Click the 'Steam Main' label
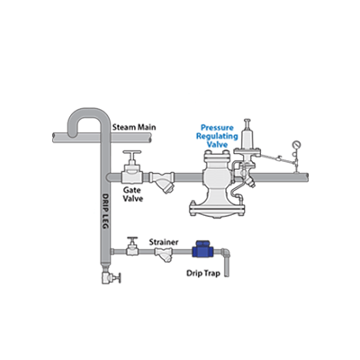[134, 127]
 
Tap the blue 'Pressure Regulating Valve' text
[217, 136]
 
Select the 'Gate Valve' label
[132, 194]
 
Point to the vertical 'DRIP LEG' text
[104, 211]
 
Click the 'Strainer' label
[164, 242]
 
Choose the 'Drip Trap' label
[203, 274]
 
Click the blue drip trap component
[202, 249]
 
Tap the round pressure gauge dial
[296, 144]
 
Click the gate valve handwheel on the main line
[132, 152]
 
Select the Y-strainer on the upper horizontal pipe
[163, 181]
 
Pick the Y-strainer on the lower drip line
[164, 254]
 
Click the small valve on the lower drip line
[132, 247]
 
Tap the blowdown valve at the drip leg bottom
[111, 277]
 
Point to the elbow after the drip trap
[225, 253]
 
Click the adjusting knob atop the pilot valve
[247, 123]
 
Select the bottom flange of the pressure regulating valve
[218, 209]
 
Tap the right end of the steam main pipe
[151, 138]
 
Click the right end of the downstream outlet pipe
[308, 177]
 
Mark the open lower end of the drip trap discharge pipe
[227, 275]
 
